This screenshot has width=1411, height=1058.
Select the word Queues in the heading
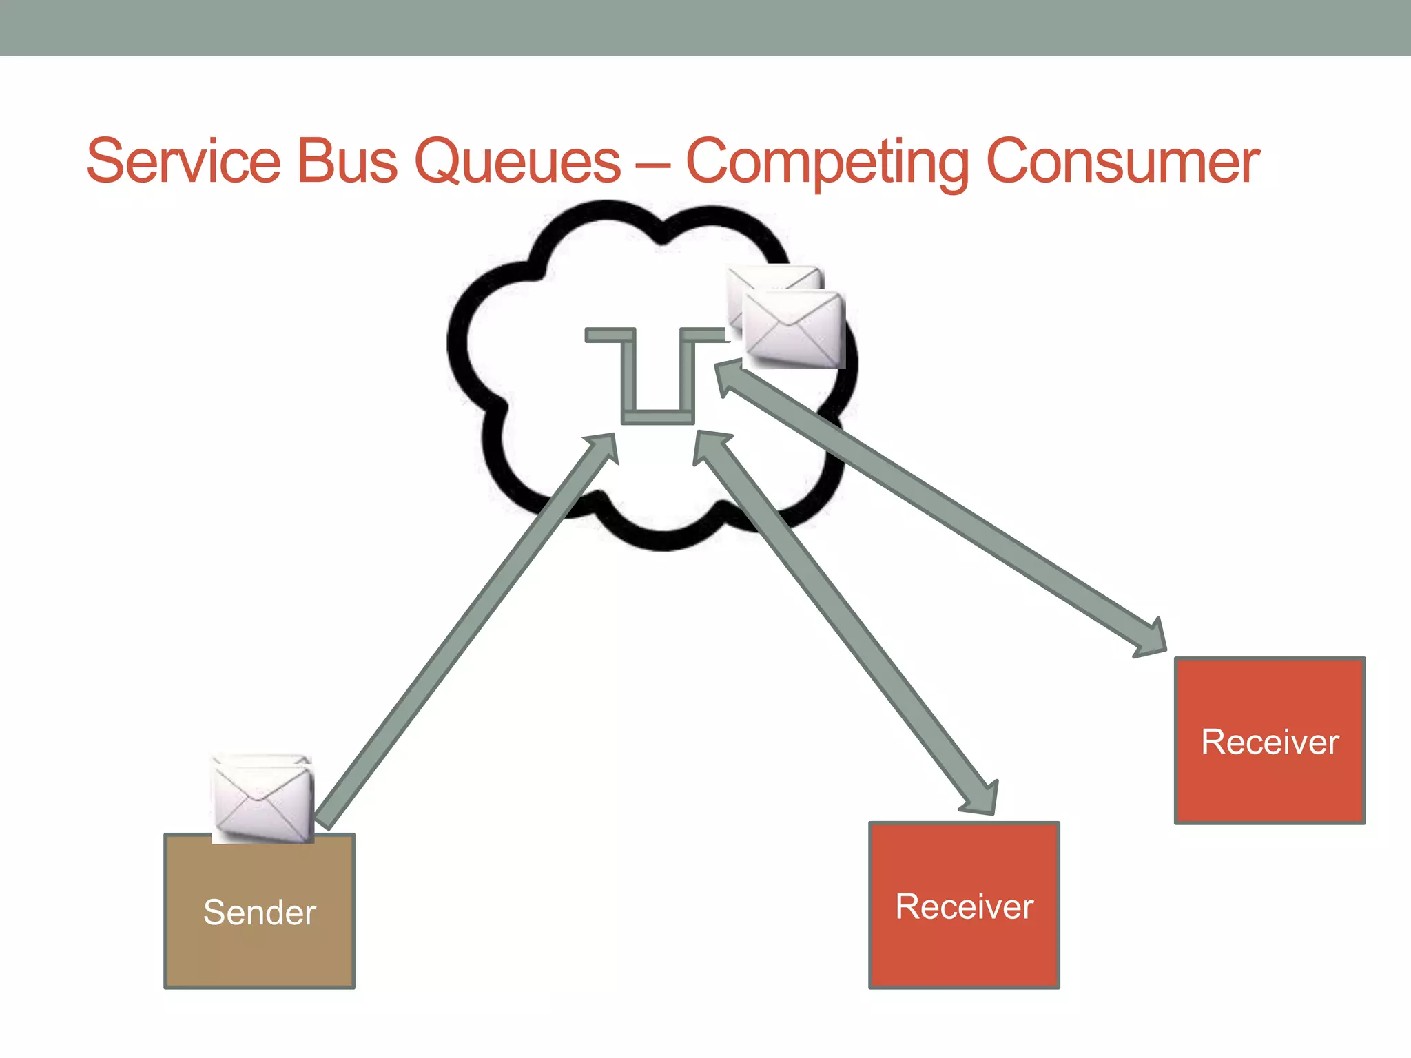click(518, 163)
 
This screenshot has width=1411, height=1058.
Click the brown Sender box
click(260, 951)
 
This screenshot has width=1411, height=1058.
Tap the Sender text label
click(260, 913)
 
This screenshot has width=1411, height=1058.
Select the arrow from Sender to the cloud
click(462, 634)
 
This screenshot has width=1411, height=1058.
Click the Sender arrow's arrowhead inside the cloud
click(602, 448)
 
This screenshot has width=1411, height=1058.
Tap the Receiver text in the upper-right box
click(1269, 743)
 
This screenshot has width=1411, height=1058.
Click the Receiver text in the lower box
click(964, 906)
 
